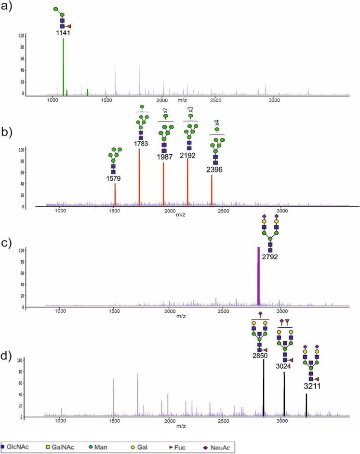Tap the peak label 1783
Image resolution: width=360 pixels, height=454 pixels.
142,144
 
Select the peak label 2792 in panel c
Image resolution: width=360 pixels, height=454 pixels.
270,257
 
